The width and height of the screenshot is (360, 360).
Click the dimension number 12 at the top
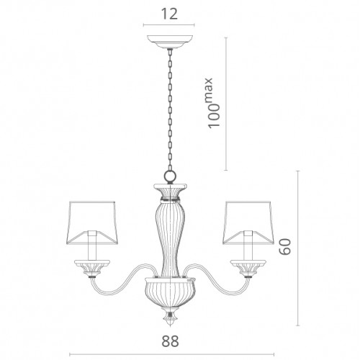click(x=169, y=14)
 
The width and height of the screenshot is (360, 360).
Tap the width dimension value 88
click(x=170, y=341)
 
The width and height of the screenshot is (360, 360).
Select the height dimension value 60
click(x=285, y=246)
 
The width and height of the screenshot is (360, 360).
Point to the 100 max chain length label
click(x=214, y=103)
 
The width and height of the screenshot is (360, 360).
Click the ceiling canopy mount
click(x=170, y=42)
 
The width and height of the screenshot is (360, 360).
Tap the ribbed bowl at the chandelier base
click(x=170, y=292)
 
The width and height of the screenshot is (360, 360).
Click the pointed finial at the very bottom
click(x=170, y=318)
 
